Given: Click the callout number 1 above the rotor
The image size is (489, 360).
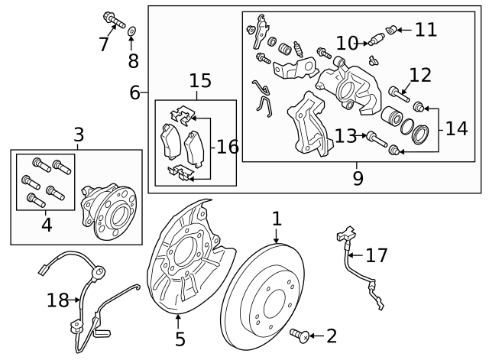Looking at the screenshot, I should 277,219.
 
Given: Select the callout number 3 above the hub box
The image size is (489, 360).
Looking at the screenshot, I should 78,135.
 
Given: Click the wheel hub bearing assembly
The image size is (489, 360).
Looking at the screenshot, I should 108,209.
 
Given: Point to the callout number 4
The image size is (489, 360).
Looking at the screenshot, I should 46,225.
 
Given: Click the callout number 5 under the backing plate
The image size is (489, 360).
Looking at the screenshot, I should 180,338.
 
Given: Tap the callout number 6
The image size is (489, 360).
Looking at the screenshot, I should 134,93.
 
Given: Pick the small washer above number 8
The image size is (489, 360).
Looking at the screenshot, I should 131,31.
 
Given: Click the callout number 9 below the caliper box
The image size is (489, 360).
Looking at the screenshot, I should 358,178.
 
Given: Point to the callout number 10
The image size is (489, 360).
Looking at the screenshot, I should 346,43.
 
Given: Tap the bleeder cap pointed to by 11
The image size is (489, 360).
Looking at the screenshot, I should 394,30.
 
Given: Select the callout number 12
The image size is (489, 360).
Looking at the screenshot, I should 420,75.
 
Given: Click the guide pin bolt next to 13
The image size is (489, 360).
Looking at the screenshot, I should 374,138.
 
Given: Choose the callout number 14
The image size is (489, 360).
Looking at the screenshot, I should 456,128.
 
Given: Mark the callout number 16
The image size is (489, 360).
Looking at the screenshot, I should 228,146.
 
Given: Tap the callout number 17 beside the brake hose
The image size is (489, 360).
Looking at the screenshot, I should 376,255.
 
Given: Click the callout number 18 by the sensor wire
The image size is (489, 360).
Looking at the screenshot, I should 57,300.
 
